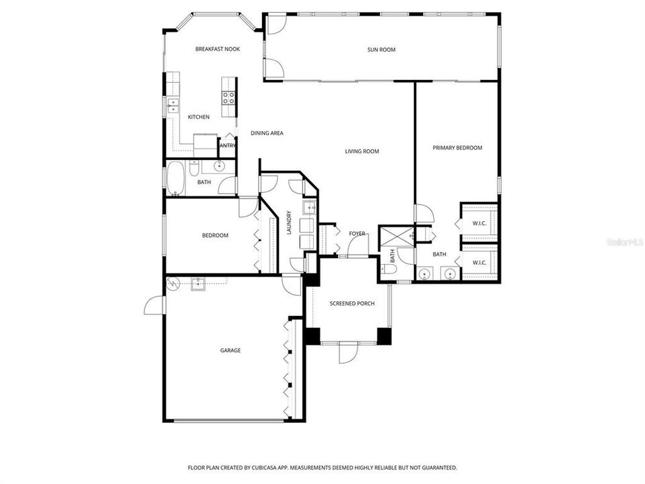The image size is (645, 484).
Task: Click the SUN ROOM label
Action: coord(381,49)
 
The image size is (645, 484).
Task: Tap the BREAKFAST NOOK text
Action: coord(217,49)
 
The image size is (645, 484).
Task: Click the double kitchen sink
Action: coord(172,104)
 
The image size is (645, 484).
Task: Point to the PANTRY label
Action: coord(227,145)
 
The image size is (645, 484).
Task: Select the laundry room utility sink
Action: coord(308,207)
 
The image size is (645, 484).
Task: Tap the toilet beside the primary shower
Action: coord(388,269)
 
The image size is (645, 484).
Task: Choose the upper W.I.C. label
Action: coord(479,223)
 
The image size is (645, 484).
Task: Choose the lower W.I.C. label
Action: coord(479,262)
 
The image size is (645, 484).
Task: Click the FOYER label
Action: coord(357,234)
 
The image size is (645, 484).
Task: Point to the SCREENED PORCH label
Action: coord(351,304)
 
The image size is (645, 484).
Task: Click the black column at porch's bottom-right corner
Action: coord(384,335)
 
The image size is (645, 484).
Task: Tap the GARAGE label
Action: coord(230,350)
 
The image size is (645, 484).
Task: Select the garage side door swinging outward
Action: coord(155,306)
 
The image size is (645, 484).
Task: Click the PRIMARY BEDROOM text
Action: coord(457,148)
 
